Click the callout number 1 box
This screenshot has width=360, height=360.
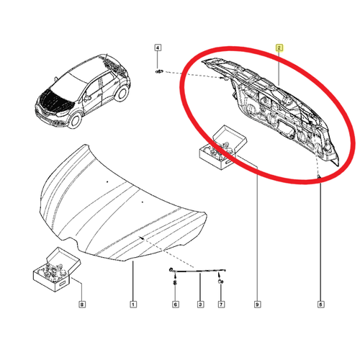[x=133, y=305]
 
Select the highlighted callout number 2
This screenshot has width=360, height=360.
[x=279, y=48]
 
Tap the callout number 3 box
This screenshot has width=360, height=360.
[x=200, y=305]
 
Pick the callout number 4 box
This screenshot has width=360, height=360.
[x=158, y=48]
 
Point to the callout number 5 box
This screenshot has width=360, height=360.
[x=320, y=305]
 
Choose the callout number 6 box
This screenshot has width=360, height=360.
[x=176, y=305]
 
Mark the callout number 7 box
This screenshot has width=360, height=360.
[x=221, y=305]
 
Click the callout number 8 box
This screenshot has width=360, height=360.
[x=82, y=305]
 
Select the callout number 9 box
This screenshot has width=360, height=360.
[x=257, y=305]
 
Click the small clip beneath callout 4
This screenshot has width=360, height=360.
[x=159, y=71]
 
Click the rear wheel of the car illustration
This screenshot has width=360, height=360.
[x=122, y=93]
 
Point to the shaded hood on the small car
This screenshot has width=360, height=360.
[x=55, y=101]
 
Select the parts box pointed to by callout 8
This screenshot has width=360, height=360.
[x=56, y=270]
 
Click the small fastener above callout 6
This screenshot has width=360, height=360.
[x=175, y=282]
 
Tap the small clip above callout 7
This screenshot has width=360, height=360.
[x=221, y=282]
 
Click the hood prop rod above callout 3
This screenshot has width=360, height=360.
[x=197, y=271]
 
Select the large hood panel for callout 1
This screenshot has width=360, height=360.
[x=123, y=203]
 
